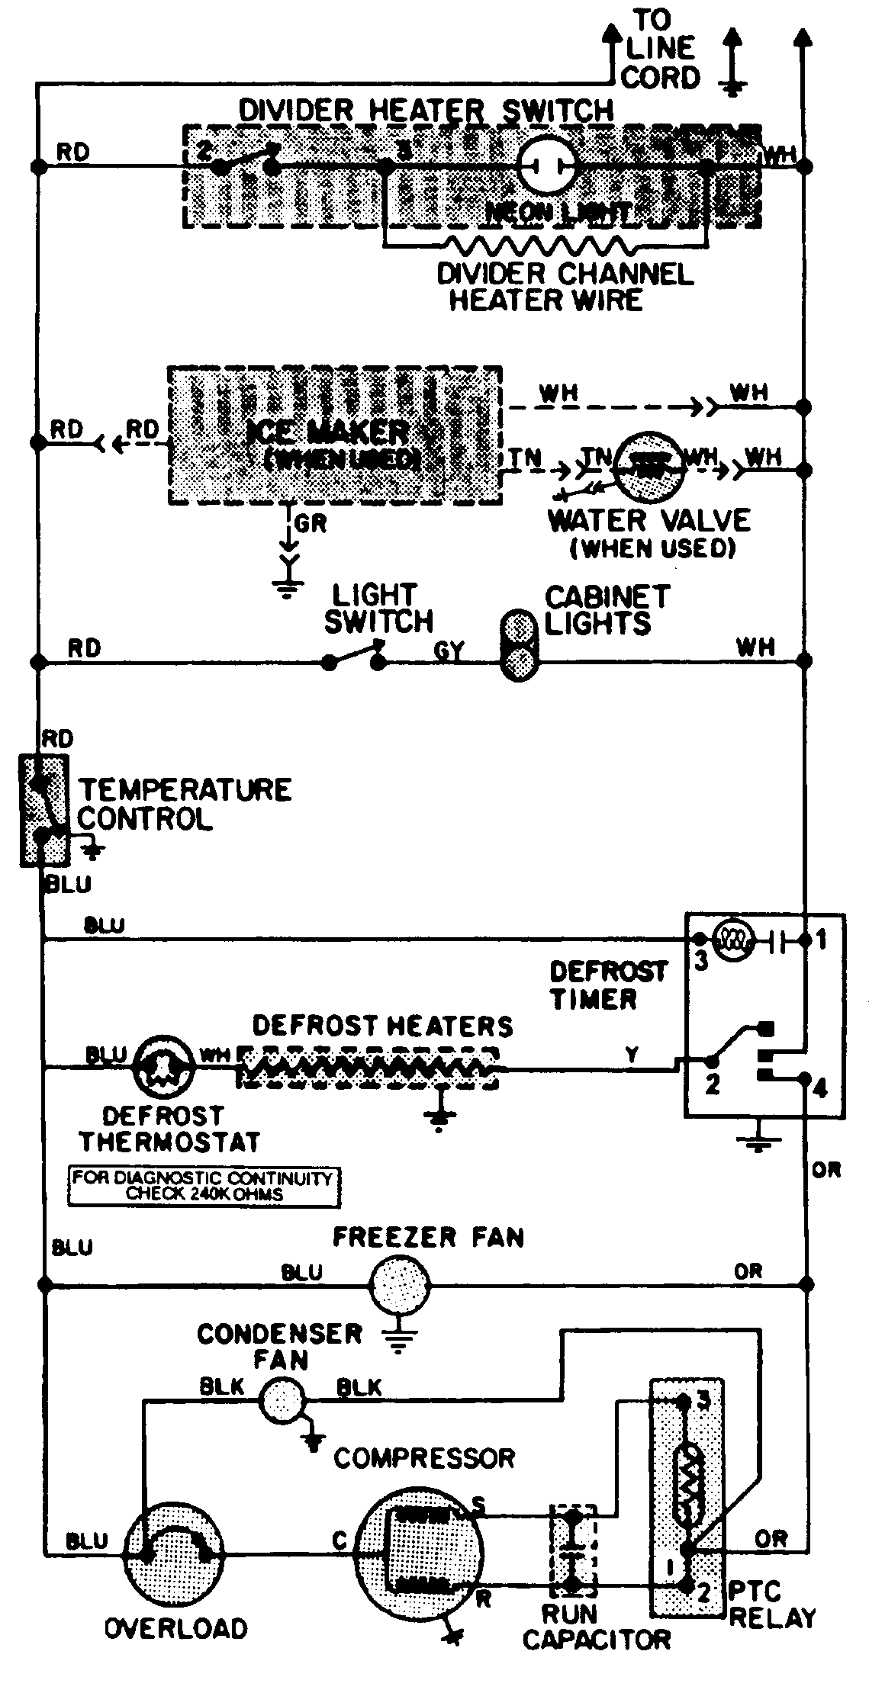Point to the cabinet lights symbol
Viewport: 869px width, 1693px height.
coord(519,644)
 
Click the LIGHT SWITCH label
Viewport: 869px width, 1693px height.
coord(378,608)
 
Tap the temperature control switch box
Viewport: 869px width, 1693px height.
coord(43,809)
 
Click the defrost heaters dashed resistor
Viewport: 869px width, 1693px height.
coord(366,1068)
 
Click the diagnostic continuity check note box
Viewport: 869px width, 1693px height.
coord(204,1186)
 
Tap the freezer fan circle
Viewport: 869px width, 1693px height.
coord(398,1286)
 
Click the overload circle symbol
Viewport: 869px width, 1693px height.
coord(175,1544)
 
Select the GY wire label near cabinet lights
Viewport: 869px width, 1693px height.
coord(448,651)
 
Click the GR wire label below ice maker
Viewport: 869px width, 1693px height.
coord(310,524)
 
